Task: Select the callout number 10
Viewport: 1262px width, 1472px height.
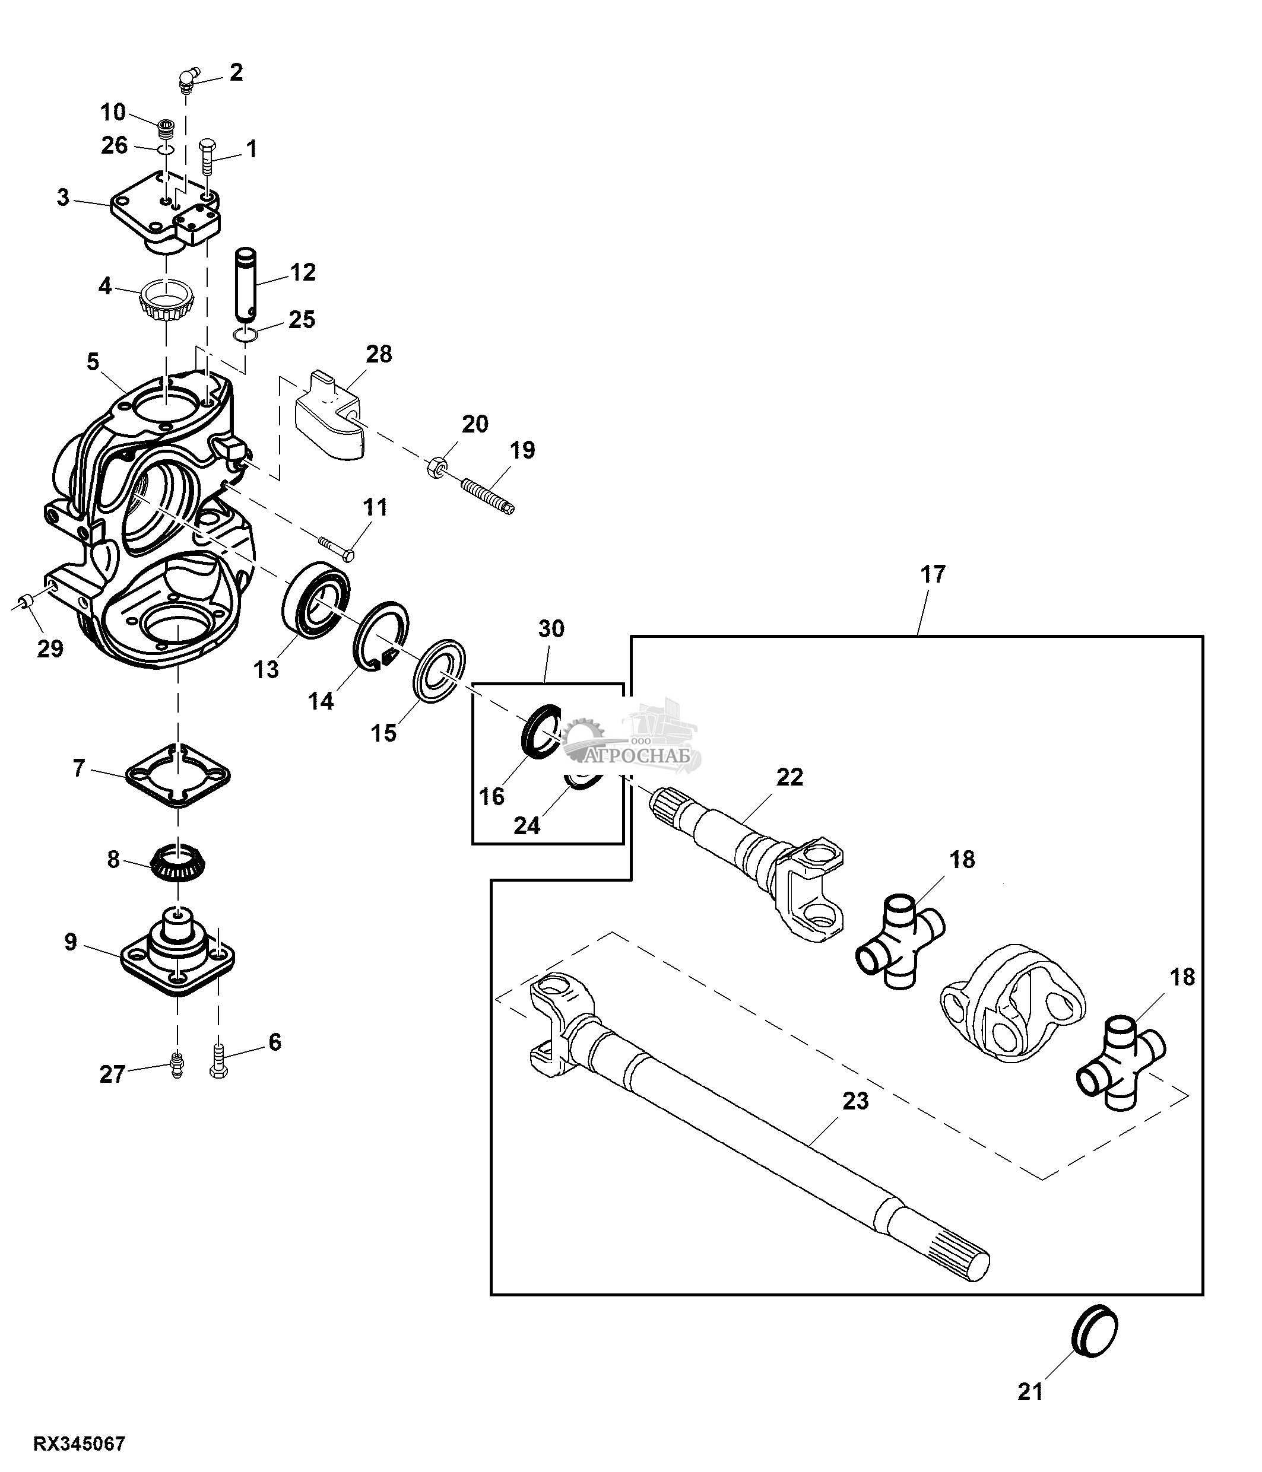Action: [113, 112]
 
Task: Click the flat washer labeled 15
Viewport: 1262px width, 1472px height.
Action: [439, 672]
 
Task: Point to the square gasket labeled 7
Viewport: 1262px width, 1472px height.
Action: [177, 776]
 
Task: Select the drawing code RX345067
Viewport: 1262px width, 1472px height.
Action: [80, 1444]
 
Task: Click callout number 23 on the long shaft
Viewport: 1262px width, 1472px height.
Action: [855, 1101]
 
